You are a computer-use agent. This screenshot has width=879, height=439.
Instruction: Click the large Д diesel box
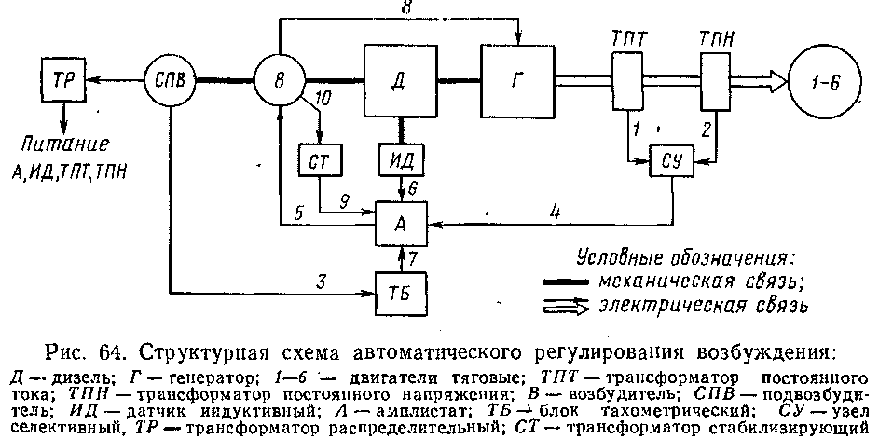[x=398, y=78]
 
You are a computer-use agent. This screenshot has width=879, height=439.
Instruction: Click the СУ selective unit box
[x=674, y=159]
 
